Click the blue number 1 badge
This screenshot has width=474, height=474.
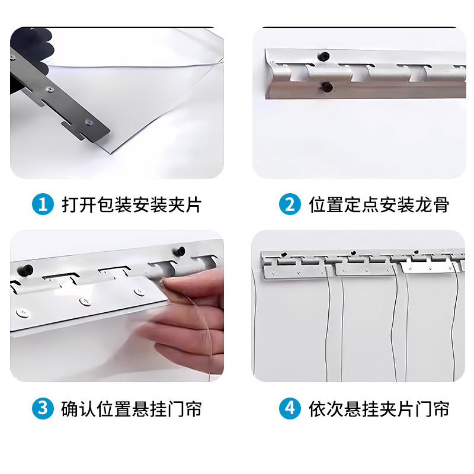pyautogui.click(x=42, y=205)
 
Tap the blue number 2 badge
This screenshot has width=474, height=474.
pyautogui.click(x=290, y=205)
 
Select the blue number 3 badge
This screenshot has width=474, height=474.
pyautogui.click(x=42, y=409)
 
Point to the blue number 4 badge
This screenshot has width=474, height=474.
pyautogui.click(x=290, y=409)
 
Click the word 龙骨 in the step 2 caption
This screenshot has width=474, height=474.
pyautogui.click(x=435, y=205)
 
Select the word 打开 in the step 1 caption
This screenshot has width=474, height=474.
pyautogui.click(x=76, y=205)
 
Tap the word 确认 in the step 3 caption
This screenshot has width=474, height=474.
pyautogui.click(x=76, y=409)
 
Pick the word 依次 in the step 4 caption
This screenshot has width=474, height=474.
pyautogui.click(x=323, y=409)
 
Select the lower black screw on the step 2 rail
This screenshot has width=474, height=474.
pyautogui.click(x=326, y=88)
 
